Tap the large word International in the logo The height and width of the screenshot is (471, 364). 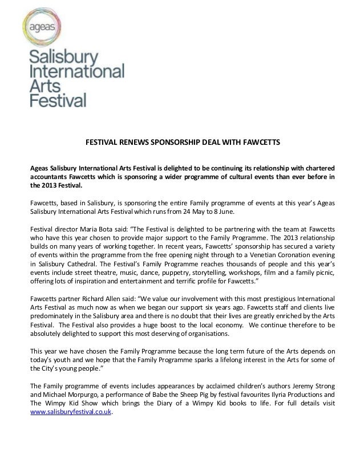76,72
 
